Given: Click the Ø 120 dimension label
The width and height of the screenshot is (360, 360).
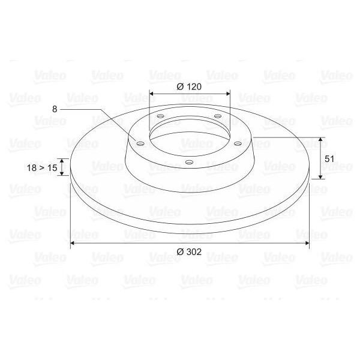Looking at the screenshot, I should point(189,86).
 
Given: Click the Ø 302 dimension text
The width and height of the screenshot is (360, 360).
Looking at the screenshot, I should point(189,252).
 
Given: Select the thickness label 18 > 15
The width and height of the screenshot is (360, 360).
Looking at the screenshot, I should point(42,169).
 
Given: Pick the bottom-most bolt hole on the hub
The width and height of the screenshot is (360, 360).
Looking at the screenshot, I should point(188,161).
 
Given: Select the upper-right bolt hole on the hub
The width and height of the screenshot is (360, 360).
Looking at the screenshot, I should point(217,116).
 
